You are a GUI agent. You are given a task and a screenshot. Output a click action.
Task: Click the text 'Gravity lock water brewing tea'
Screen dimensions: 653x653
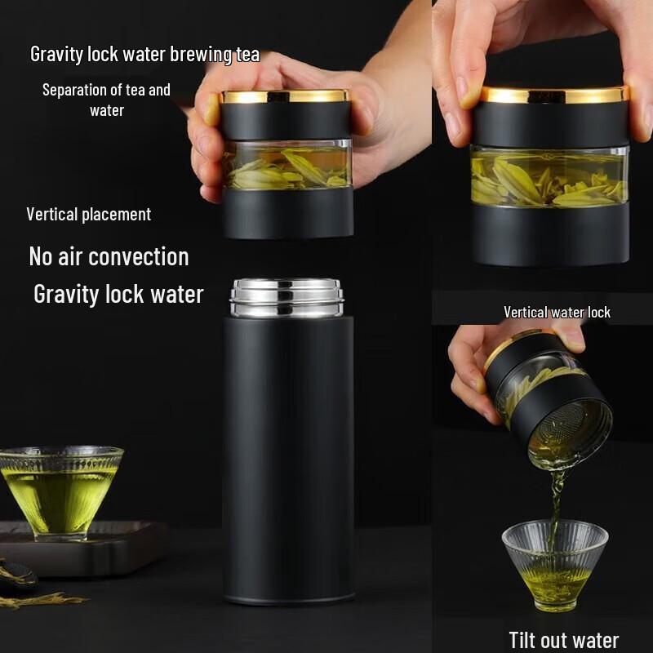tap(144, 55)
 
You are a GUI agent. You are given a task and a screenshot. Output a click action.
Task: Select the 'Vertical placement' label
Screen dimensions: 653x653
tap(88, 215)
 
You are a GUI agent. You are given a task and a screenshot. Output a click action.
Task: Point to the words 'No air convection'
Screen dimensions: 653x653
tap(109, 257)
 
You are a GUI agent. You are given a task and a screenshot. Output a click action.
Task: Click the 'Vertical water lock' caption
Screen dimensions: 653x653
tap(557, 312)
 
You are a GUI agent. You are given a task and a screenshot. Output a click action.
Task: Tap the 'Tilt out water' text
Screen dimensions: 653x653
tap(563, 640)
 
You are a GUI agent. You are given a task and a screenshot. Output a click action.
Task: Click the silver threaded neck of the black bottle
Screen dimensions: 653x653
tap(287, 298)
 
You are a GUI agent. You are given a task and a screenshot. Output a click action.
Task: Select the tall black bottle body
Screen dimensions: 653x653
tap(288, 457)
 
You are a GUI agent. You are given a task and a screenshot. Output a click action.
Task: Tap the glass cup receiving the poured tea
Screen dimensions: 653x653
tap(554, 563)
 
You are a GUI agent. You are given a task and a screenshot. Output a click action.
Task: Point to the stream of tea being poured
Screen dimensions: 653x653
tap(557, 498)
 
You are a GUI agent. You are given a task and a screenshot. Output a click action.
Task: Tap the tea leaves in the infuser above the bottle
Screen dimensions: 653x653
tap(286, 167)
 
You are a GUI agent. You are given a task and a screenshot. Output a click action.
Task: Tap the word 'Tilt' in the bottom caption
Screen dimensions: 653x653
tap(526, 640)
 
